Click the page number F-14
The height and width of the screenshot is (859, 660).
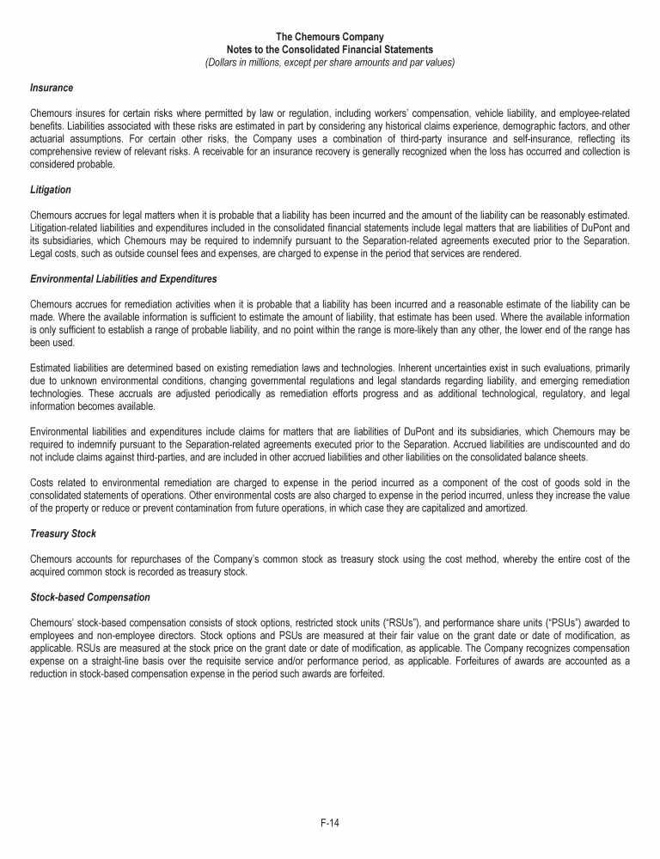[x=329, y=823]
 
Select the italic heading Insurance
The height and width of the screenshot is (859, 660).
[x=51, y=88]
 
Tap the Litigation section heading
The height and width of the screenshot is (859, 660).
[x=51, y=189]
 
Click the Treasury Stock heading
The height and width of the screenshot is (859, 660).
[x=63, y=533]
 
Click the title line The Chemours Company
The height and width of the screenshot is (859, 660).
[x=330, y=37]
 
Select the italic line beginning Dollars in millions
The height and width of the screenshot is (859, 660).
[x=330, y=62]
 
